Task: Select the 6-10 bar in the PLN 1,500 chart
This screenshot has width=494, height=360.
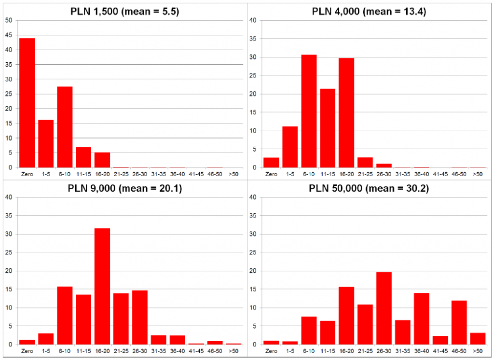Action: (x=65, y=127)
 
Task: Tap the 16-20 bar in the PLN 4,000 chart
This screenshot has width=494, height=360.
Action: (x=346, y=113)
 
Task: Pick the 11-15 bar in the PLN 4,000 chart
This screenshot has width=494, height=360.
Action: (x=328, y=128)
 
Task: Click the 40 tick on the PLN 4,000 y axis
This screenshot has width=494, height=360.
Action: (x=254, y=20)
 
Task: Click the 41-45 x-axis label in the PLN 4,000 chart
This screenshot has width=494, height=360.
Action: (x=440, y=174)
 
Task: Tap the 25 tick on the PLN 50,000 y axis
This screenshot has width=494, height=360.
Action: (x=254, y=252)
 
